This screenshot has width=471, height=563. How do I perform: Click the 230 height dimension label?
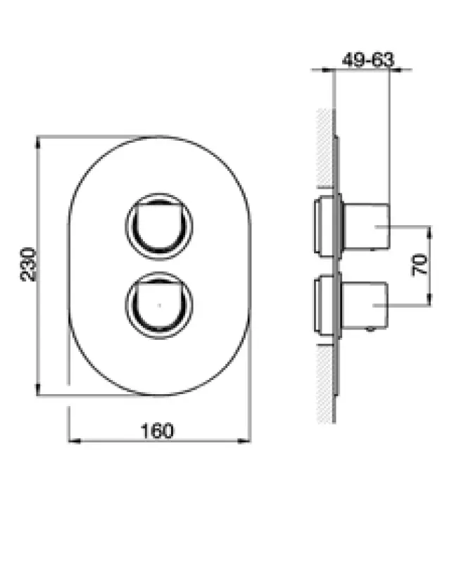(27, 264)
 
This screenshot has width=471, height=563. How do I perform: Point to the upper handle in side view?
(366, 225)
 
